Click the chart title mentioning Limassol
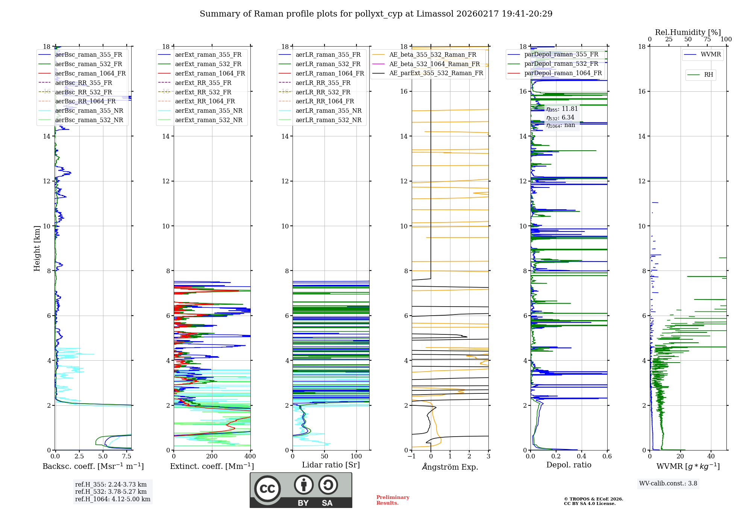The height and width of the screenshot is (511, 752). pyautogui.click(x=376, y=14)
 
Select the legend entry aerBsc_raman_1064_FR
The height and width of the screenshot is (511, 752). pyautogui.click(x=90, y=74)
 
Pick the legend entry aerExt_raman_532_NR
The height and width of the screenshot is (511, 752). pyautogui.click(x=209, y=120)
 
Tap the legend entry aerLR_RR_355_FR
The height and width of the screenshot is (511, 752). pyautogui.click(x=323, y=83)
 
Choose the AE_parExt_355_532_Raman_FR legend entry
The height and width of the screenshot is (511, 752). pyautogui.click(x=436, y=73)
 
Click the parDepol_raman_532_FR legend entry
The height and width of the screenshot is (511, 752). pyautogui.click(x=561, y=64)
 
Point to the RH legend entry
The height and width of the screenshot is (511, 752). pyautogui.click(x=708, y=75)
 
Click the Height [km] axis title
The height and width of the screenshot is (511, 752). pyautogui.click(x=37, y=248)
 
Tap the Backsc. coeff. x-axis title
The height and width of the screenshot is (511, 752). pyautogui.click(x=93, y=466)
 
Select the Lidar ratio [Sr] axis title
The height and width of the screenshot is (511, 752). pyautogui.click(x=331, y=465)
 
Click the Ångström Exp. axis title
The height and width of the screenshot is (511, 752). pyautogui.click(x=450, y=467)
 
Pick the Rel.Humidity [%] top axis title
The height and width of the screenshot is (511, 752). pyautogui.click(x=688, y=32)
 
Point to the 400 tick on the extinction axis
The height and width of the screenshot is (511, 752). pyautogui.click(x=250, y=457)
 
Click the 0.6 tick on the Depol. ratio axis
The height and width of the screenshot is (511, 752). pyautogui.click(x=607, y=457)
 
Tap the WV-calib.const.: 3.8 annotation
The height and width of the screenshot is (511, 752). pyautogui.click(x=668, y=484)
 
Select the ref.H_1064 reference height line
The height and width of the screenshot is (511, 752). pyautogui.click(x=113, y=499)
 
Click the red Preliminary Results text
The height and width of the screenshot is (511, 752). pyautogui.click(x=393, y=500)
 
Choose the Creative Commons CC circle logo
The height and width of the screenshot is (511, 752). pyautogui.click(x=267, y=489)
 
